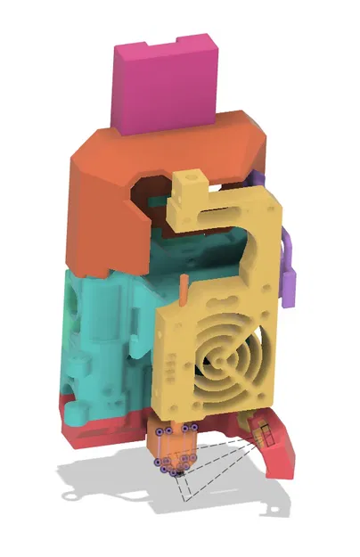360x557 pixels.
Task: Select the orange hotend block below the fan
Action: (173, 445)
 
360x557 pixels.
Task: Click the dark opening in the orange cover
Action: (147, 191)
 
